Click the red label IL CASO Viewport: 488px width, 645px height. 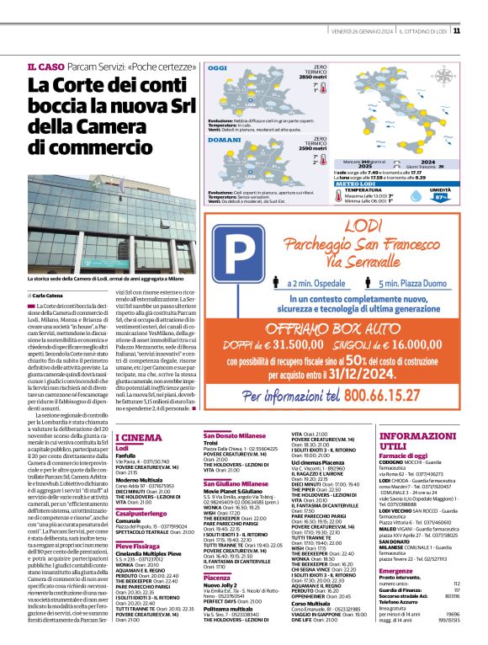point(46,67)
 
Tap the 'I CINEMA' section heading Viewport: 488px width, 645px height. point(137,437)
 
